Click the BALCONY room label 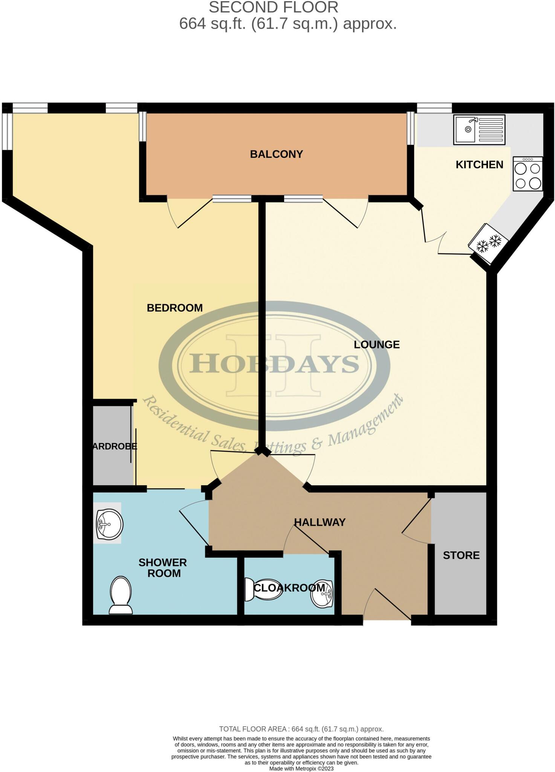[x=276, y=154]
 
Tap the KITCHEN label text [x=479, y=165]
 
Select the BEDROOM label [x=174, y=308]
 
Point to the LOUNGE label [x=376, y=345]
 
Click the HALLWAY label [x=320, y=522]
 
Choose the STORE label [x=461, y=555]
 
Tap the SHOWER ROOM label [x=163, y=568]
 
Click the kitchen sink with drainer [x=479, y=130]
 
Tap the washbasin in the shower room [x=109, y=524]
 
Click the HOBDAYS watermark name [x=274, y=364]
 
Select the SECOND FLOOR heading [x=274, y=8]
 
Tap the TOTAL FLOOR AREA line [x=301, y=729]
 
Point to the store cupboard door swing [x=416, y=526]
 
